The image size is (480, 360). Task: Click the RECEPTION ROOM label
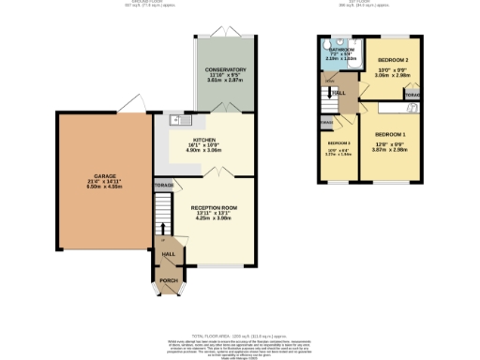click(x=215, y=206)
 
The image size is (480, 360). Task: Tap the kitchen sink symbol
click(x=174, y=120)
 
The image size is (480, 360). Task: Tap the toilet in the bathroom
click(x=323, y=43)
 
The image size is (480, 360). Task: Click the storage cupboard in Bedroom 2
click(x=412, y=94)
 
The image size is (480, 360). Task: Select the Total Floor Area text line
click(x=239, y=335)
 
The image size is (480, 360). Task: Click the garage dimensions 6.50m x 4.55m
click(x=104, y=187)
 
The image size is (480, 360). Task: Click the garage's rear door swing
click(x=134, y=101)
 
